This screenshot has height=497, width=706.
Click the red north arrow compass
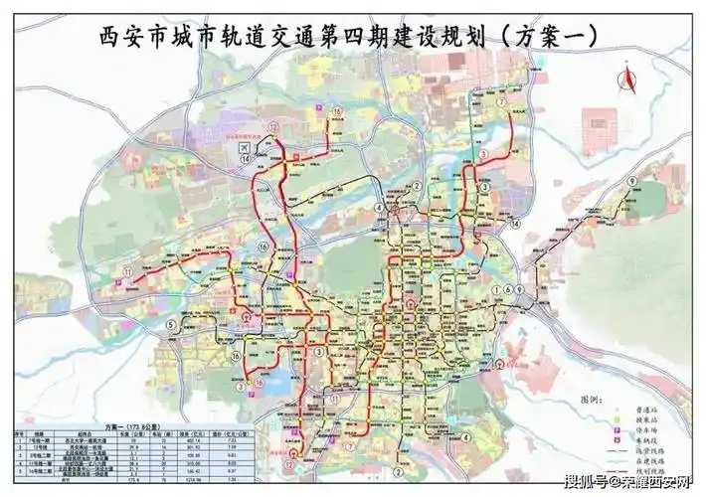627,76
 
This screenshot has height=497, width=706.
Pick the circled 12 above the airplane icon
271,128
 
